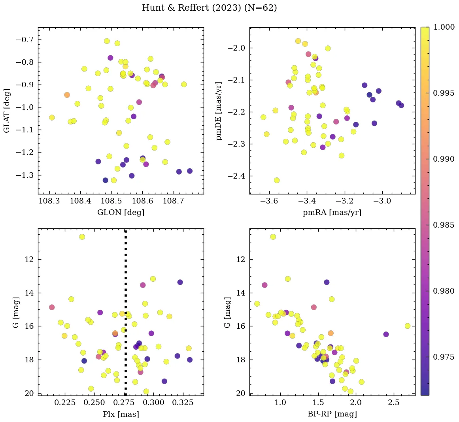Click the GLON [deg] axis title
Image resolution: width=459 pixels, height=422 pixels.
tap(121, 213)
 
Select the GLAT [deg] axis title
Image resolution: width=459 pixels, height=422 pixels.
tap(7, 111)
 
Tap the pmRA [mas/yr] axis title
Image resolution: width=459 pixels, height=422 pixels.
tap(332, 213)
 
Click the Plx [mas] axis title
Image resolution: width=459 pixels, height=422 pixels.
tap(121, 414)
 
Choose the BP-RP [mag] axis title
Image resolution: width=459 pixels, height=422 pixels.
tap(332, 414)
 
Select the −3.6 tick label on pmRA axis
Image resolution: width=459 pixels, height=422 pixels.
tap(267, 202)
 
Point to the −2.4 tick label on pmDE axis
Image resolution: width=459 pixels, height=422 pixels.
tap(236, 176)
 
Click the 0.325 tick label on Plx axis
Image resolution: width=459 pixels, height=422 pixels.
tap(183, 403)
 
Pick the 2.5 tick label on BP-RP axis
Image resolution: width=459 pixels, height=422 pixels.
tap(393, 403)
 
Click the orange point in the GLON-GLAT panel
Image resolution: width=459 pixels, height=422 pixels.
tap(67, 95)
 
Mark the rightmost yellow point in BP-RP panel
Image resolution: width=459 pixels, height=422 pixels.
tap(408, 326)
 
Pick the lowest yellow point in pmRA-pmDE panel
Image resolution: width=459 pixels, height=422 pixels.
tap(277, 180)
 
